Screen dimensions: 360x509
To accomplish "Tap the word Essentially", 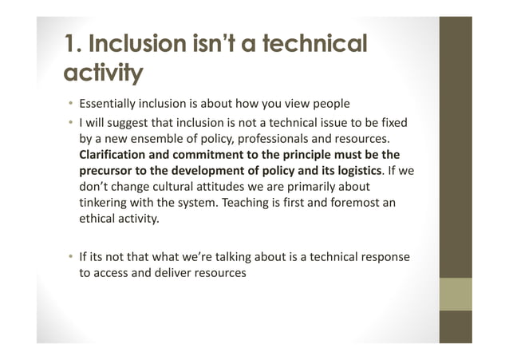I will pyautogui.click(x=109, y=105).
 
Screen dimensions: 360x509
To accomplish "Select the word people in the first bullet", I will pyautogui.click(x=325, y=105).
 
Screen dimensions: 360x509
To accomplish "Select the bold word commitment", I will pyautogui.click(x=210, y=154).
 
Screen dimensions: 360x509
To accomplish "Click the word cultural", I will pyautogui.click(x=170, y=186).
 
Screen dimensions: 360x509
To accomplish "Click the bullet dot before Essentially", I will pyautogui.click(x=70, y=105).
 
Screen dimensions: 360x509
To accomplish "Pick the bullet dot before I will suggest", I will pyautogui.click(x=70, y=123).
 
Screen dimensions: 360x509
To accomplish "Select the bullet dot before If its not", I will pyautogui.click(x=70, y=256).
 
